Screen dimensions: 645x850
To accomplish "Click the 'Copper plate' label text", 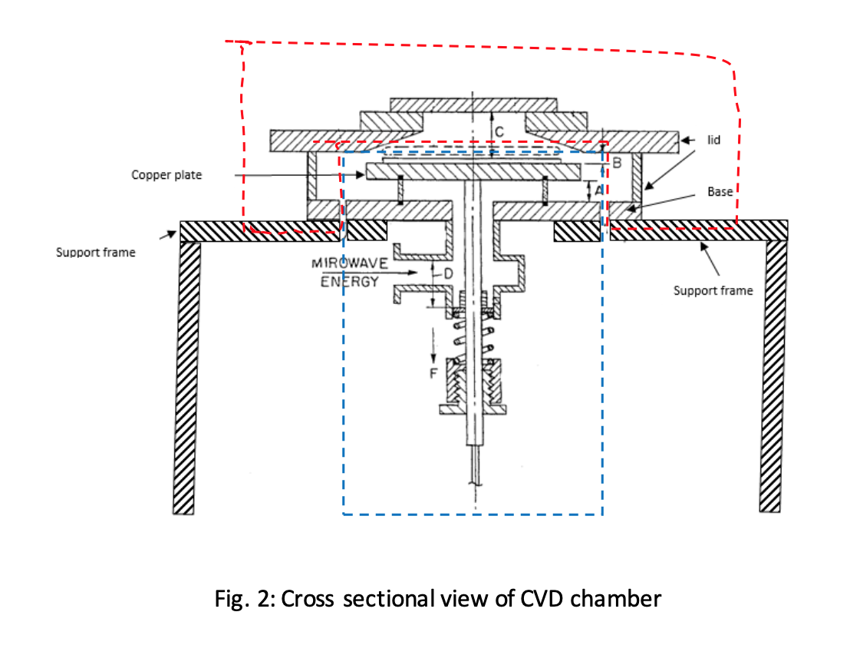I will click(x=166, y=175).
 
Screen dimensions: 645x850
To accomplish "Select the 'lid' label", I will click(x=713, y=141).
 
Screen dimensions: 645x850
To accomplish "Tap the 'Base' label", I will click(x=720, y=192).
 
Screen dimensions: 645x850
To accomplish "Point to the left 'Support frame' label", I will click(x=95, y=252).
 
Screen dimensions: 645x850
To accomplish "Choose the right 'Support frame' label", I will click(x=713, y=290).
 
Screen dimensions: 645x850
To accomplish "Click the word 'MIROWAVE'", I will click(x=349, y=263).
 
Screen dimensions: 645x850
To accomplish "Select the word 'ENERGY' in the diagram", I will click(x=349, y=282).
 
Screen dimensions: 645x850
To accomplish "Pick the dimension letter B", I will click(x=614, y=163).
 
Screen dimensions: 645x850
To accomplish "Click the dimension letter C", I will click(x=499, y=132).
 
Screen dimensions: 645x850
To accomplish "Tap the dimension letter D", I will click(x=448, y=273).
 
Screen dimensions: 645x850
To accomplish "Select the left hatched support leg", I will click(x=186, y=376).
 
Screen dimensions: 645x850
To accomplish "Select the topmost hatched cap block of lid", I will click(x=473, y=104).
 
